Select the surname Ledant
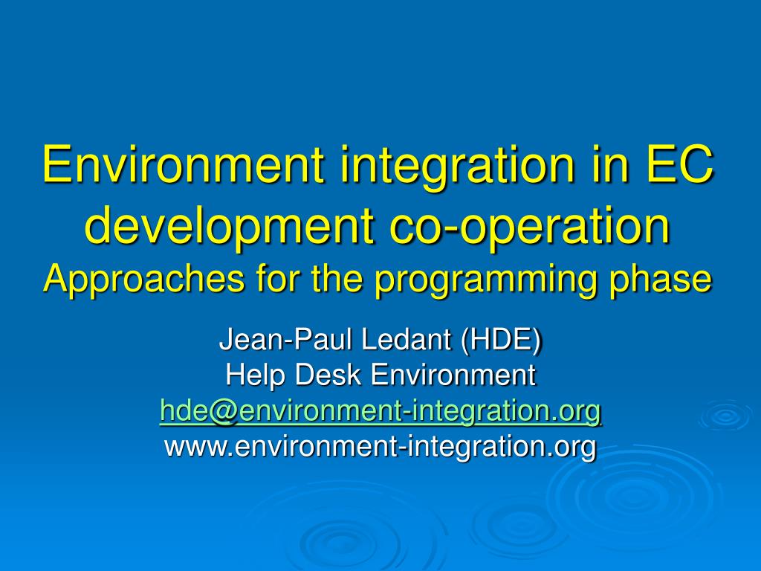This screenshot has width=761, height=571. (x=407, y=341)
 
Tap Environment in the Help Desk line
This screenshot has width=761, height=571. (x=453, y=375)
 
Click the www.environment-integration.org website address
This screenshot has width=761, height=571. (x=380, y=446)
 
